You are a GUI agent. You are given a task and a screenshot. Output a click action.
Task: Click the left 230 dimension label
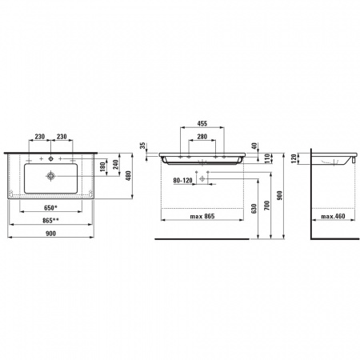40,137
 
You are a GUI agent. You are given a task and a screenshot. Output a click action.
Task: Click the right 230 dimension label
62,137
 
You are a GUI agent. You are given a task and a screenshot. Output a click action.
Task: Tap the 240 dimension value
115,165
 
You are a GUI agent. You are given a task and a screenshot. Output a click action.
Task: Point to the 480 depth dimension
128,176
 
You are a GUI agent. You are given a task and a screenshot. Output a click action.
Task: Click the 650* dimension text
51,207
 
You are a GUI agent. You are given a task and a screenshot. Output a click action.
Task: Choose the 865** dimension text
50,220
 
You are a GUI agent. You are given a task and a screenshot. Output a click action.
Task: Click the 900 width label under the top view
50,234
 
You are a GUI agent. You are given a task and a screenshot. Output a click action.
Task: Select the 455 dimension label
202,123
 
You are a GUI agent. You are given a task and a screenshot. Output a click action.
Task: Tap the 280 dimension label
202,137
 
